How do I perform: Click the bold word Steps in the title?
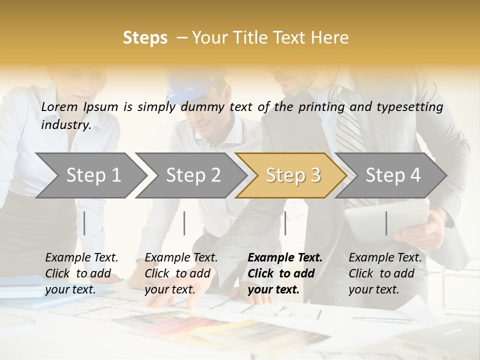point(145,38)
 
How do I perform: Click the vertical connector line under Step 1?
point(84,223)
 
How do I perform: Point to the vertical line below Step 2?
point(184,223)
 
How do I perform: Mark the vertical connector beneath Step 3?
point(285,223)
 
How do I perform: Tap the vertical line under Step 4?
point(386,223)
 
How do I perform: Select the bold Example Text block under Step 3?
point(285,273)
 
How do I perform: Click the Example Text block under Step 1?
point(81,273)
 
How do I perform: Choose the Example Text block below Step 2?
point(181,273)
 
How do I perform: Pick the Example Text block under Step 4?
point(385,273)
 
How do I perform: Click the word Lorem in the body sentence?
point(59,106)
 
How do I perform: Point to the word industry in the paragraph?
point(65,124)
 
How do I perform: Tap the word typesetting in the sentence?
point(409,106)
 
